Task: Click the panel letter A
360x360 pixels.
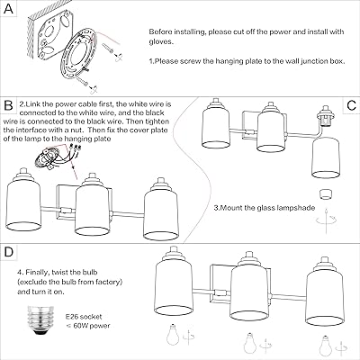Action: pos(9,9)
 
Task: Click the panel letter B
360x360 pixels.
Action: pos(9,105)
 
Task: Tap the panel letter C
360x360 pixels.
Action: pos(351,105)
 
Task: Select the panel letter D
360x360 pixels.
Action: pos(9,252)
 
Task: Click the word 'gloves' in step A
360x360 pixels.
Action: pos(160,41)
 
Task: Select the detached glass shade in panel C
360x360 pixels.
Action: pos(326,158)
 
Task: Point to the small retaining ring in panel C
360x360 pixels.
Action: pos(326,193)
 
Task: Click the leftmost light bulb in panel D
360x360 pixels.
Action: pos(173,334)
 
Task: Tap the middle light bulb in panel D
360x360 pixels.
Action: pos(249,343)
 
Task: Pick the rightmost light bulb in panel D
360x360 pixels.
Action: pos(325,345)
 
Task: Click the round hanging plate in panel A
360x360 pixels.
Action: pos(78,53)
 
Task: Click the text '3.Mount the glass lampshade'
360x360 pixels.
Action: pos(265,208)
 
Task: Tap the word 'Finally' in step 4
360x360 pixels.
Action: pos(38,273)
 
